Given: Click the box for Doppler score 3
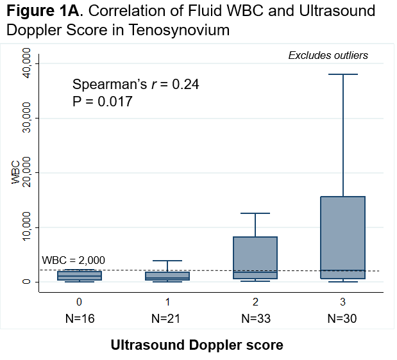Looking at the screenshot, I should click(343, 237).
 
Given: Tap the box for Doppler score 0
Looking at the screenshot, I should click(79, 275).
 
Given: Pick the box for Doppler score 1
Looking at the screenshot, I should click(167, 276).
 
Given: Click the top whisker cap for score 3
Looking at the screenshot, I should click(343, 75).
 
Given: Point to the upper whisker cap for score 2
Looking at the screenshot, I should click(255, 213).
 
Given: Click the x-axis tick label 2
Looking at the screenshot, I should click(255, 300).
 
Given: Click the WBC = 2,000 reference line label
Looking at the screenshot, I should click(73, 261).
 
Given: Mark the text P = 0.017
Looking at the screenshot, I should click(103, 101).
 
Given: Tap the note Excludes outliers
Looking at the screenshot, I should click(328, 55).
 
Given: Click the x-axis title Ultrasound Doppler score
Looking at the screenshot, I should click(197, 345).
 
